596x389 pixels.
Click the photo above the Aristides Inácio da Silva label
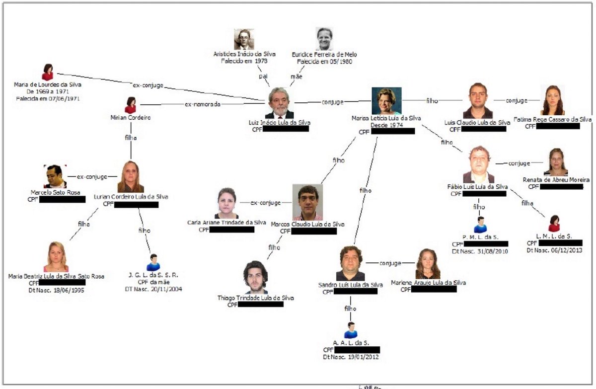point(244,39)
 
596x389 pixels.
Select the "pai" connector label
point(263,77)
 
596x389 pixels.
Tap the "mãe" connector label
point(296,77)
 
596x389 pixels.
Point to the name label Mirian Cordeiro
point(130,118)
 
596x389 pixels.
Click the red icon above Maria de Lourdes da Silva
point(48,72)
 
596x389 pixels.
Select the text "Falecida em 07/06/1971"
point(48,98)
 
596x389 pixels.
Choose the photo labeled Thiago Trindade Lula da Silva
point(256,277)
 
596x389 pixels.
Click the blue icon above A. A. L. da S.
point(351,330)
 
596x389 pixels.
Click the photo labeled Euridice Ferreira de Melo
point(324,39)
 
